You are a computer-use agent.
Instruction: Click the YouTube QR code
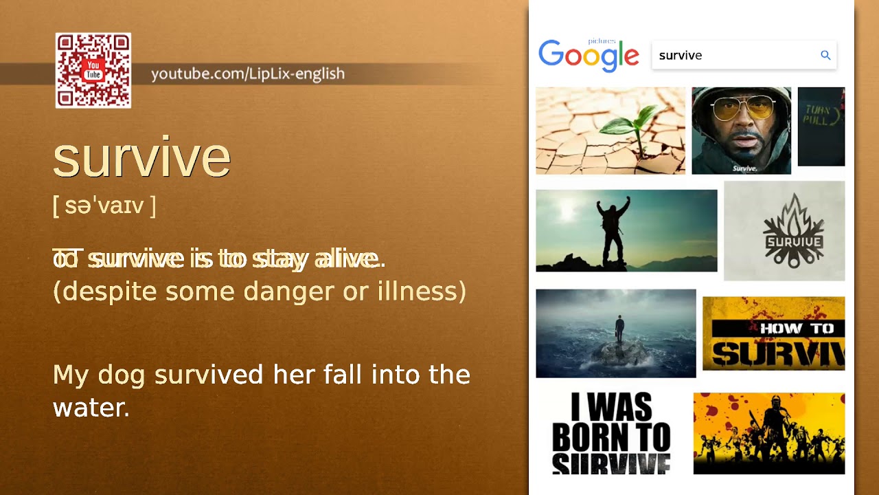click(x=93, y=71)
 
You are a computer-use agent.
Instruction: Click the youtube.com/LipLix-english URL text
click(x=247, y=74)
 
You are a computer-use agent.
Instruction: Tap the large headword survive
click(x=141, y=157)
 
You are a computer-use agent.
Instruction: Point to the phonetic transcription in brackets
click(x=104, y=205)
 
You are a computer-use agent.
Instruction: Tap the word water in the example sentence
click(x=90, y=408)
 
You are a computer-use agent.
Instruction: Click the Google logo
click(x=589, y=56)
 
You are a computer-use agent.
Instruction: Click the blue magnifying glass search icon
click(x=825, y=56)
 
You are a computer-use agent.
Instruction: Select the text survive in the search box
click(x=680, y=56)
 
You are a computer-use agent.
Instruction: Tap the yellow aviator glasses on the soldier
click(x=742, y=110)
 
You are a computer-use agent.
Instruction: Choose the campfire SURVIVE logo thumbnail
click(x=784, y=231)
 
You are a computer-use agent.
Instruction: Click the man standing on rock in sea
click(x=620, y=330)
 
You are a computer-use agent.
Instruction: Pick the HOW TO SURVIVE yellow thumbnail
click(x=773, y=333)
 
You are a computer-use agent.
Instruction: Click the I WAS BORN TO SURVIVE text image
click(x=610, y=433)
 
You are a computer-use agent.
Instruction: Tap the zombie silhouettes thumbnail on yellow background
click(x=768, y=433)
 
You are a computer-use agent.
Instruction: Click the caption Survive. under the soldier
click(x=744, y=168)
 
